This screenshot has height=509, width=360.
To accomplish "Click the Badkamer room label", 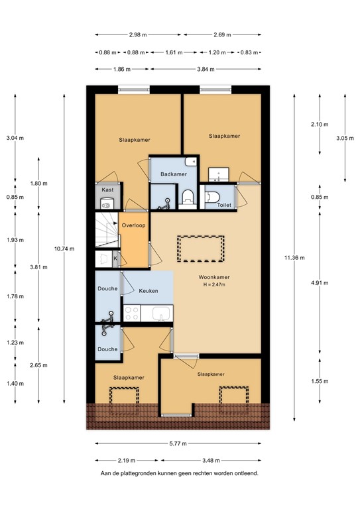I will point(172,174).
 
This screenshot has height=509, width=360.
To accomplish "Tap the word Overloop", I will point(134,225).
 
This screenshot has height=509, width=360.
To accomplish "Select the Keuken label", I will point(148,291).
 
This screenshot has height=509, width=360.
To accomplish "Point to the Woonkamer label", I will point(213,277).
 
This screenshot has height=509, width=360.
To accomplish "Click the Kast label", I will point(107,190).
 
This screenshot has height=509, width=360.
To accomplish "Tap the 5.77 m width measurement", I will point(178,443).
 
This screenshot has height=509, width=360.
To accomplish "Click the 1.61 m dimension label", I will point(172,52).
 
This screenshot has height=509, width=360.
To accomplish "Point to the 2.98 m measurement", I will point(137,35).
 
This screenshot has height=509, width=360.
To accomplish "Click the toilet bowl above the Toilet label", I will point(211,196).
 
